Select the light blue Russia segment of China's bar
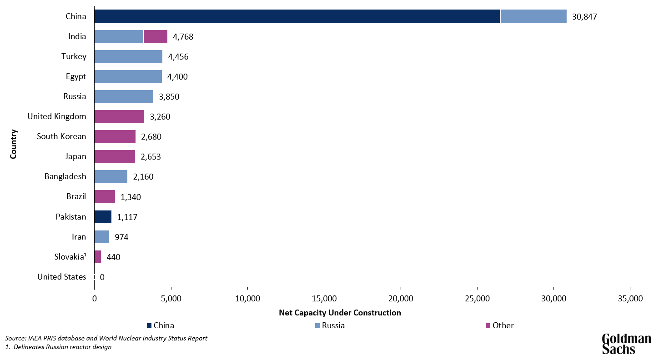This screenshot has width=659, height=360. pos(533,16)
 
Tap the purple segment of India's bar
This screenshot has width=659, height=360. pos(156,36)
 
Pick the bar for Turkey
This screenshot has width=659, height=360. pos(128,56)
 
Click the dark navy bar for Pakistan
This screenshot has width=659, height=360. pos(103,217)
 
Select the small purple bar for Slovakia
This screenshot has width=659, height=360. pos(98,257)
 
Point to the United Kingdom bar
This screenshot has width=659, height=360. pos(119,116)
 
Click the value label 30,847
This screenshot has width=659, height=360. pos(584,17)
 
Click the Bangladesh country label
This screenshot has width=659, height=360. pos(65,176)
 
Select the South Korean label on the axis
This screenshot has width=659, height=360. pos(61,136)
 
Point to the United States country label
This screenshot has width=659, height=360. pos(61,277)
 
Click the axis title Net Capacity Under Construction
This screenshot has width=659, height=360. pos(340,313)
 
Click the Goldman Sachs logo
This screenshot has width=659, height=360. pos(626,344)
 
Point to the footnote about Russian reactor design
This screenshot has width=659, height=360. pos(59,347)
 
